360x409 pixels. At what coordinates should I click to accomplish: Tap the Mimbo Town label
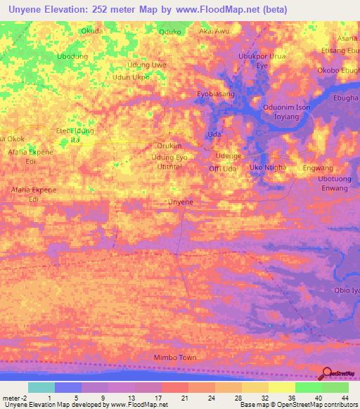pos(175,358)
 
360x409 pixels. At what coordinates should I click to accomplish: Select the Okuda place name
pos(91,32)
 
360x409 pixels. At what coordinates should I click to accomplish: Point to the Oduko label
pos(170,32)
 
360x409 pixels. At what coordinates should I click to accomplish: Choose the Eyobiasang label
pos(215,93)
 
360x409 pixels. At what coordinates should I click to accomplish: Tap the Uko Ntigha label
pos(268,167)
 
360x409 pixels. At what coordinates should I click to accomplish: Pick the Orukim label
pos(169,145)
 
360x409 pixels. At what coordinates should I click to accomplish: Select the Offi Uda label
pos(222,169)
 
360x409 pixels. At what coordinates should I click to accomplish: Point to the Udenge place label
pos(229,155)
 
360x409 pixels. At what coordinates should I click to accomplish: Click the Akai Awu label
pos(214,32)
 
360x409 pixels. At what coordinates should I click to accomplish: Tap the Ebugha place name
pos(346,98)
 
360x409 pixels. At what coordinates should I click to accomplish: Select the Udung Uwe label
pos(146,65)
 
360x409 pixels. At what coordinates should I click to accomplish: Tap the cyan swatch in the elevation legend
pos(41,387)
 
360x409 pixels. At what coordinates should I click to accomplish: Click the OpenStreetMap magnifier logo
pos(327,375)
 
